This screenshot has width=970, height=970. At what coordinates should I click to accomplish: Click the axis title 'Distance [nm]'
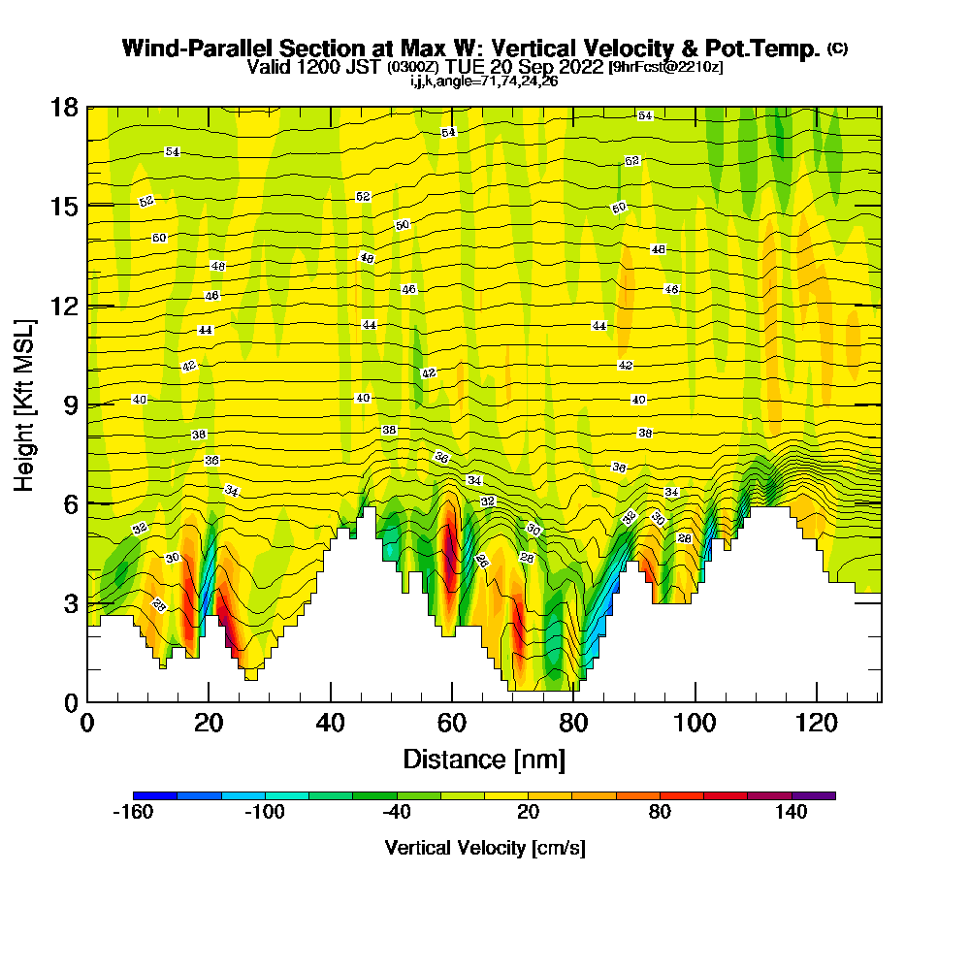484,759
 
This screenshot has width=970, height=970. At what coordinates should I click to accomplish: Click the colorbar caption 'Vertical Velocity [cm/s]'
484,848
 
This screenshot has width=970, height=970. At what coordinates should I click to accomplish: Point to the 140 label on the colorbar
792,813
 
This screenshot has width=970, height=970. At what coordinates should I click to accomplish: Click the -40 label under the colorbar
397,813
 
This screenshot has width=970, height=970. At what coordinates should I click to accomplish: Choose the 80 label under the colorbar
660,813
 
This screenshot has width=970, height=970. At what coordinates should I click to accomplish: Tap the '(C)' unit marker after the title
837,48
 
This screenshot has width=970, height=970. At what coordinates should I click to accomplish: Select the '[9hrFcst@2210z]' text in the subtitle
664,67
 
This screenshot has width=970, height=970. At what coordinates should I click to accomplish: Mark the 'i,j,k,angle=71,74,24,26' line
484,81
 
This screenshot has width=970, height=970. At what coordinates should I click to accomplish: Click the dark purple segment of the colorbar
813,795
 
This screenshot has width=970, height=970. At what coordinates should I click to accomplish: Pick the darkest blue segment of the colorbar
155,795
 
